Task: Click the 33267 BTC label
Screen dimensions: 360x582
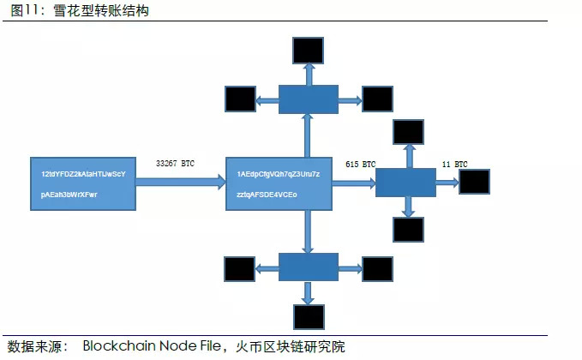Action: tap(177, 163)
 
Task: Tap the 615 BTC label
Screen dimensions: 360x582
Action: tap(360, 164)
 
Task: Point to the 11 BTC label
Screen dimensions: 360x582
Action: tap(454, 164)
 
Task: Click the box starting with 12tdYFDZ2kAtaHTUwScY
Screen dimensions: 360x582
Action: tap(83, 183)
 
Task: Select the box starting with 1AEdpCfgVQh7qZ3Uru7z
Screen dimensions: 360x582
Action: tap(278, 183)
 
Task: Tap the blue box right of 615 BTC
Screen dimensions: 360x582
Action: tap(406, 183)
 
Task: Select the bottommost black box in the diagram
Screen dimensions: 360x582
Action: tap(308, 316)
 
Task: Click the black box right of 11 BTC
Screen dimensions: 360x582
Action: tap(474, 182)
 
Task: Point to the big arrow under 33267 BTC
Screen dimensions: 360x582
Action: tap(181, 182)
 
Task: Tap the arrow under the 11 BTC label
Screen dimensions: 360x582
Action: tap(447, 183)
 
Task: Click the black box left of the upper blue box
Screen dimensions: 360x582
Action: tap(240, 99)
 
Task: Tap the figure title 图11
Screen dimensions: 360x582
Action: tap(23, 10)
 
